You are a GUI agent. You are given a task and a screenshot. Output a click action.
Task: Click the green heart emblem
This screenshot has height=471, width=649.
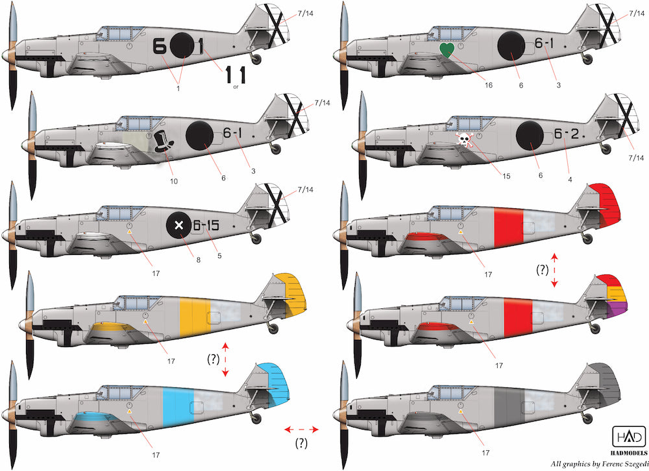point(447,50)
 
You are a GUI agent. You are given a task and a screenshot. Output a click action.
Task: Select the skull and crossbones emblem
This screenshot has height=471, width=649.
point(464,140)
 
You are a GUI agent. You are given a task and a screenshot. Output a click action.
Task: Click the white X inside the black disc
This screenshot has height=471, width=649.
point(179,226)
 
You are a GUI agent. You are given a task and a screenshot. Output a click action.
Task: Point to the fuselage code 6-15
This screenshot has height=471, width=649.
point(206,226)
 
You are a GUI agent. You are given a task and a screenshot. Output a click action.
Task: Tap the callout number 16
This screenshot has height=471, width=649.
point(489,85)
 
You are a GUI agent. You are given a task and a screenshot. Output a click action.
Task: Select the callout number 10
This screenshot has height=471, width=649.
point(174,181)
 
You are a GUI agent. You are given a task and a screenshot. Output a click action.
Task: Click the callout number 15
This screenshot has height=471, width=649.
point(506,176)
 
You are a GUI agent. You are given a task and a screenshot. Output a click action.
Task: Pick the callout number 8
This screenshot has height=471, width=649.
point(199,260)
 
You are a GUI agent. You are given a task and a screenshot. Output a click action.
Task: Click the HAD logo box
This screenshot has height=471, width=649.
point(629,437)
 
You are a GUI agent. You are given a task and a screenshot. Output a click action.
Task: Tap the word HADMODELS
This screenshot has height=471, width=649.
point(629,453)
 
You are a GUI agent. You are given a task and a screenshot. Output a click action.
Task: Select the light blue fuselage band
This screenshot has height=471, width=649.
point(178,407)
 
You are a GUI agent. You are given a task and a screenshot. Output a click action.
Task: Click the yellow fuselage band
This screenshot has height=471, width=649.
point(195,317)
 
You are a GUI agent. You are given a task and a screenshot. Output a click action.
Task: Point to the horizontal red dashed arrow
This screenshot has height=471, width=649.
point(301,429)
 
